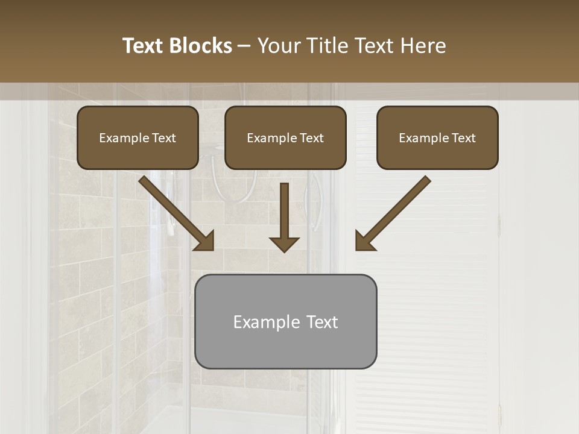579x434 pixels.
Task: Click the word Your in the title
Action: (x=278, y=46)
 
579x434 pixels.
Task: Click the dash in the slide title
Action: (x=244, y=46)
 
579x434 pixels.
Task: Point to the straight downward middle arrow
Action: (x=284, y=211)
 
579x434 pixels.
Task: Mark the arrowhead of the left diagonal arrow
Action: (x=205, y=241)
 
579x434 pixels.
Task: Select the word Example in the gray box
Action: (x=266, y=322)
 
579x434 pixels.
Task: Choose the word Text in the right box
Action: (x=464, y=138)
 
